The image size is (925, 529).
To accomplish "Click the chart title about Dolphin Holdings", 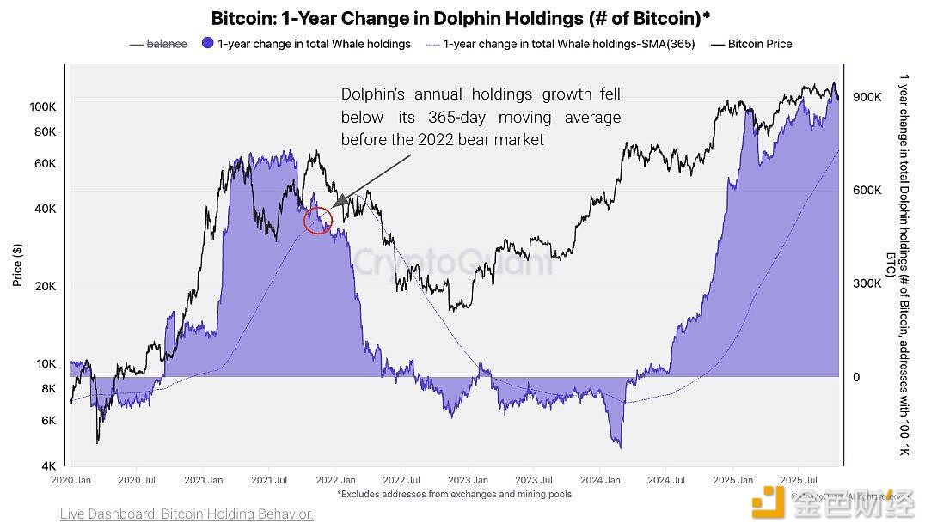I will [x=461, y=18].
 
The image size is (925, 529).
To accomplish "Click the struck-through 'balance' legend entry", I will [x=166, y=43].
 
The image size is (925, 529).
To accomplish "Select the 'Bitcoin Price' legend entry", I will [x=760, y=43].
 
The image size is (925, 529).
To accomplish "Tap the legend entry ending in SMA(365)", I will [x=568, y=43].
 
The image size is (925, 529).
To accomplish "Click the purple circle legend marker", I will [x=206, y=43].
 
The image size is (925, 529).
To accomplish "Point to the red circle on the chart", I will [x=318, y=221].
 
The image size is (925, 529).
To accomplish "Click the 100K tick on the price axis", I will [x=42, y=106].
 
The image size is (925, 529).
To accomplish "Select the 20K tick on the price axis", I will [x=45, y=285].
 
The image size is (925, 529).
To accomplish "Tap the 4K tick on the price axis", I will [x=48, y=466].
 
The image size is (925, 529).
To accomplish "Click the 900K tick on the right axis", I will [x=866, y=97].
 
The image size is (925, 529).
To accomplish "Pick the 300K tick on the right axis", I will [x=866, y=283].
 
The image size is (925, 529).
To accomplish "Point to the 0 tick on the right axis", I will [x=855, y=377].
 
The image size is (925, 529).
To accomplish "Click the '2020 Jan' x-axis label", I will [x=72, y=481].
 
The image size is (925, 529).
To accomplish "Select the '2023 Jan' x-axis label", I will [x=469, y=481].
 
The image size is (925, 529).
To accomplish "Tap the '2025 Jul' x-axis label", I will [x=798, y=481].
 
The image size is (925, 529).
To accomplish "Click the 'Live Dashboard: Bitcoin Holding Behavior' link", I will [x=187, y=514].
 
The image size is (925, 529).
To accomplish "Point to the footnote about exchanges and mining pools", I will [x=454, y=494].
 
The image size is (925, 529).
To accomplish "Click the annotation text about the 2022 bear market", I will [x=480, y=117].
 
